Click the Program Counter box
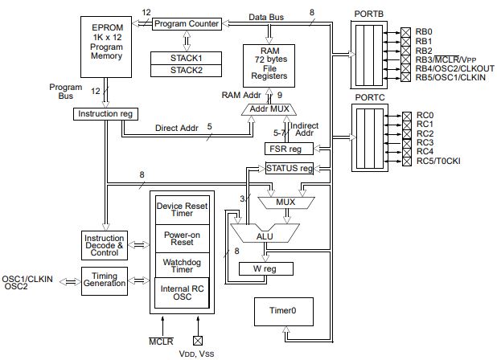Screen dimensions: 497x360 point(187,24)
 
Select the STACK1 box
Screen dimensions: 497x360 point(186,58)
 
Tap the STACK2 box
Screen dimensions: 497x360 point(186,71)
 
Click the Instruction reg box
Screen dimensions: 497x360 point(105,114)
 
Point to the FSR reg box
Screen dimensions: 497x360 point(289,149)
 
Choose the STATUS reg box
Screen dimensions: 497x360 point(290,168)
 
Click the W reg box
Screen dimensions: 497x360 point(265,269)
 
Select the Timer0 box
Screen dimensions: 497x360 point(284,312)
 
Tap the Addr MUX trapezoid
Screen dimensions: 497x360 point(269,109)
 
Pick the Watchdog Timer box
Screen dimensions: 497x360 point(183,265)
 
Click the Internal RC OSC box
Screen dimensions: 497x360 point(182,292)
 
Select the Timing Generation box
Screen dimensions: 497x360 point(105,281)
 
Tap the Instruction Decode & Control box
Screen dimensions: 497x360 point(105,245)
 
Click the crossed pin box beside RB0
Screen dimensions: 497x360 point(405,32)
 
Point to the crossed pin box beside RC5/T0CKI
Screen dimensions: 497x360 point(407,162)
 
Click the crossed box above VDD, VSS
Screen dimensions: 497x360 point(198,341)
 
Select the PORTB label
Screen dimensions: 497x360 point(368,14)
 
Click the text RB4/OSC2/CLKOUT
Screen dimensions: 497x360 point(455,69)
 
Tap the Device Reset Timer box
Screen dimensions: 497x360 point(183,210)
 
